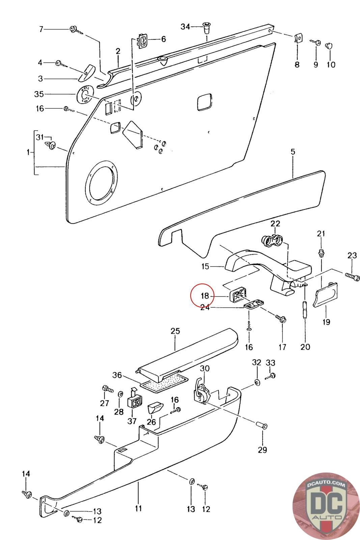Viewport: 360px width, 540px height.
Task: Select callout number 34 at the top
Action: [x=186, y=26]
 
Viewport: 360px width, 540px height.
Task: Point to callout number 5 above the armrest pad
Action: [x=293, y=152]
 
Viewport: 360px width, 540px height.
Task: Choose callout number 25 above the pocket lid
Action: [x=175, y=331]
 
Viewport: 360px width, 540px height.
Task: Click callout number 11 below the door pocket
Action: [x=139, y=508]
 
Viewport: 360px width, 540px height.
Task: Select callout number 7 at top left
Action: [x=41, y=29]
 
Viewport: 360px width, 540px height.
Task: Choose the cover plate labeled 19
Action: [x=325, y=295]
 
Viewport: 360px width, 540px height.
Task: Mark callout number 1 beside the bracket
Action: [x=28, y=152]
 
